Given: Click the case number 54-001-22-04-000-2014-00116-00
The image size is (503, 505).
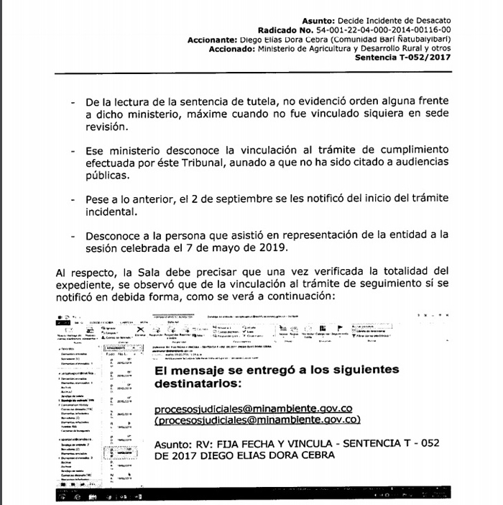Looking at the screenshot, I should [379, 30].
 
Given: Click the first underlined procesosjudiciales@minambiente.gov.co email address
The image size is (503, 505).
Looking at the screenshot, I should [246, 408].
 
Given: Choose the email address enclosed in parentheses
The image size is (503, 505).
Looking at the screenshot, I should [248, 420].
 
